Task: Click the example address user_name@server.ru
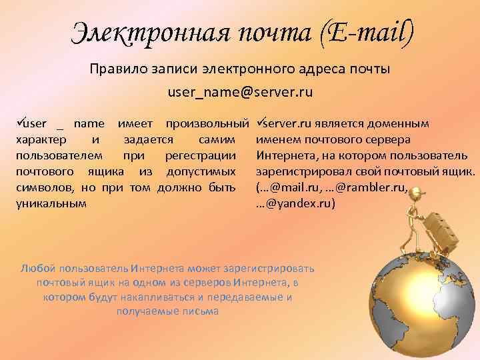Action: click(x=241, y=92)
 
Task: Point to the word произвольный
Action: click(x=207, y=123)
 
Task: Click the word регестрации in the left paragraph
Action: click(x=206, y=155)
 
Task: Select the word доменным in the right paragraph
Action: click(x=398, y=123)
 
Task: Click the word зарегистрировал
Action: click(x=299, y=171)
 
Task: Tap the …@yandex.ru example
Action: click(x=296, y=203)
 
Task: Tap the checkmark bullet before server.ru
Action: click(x=261, y=123)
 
